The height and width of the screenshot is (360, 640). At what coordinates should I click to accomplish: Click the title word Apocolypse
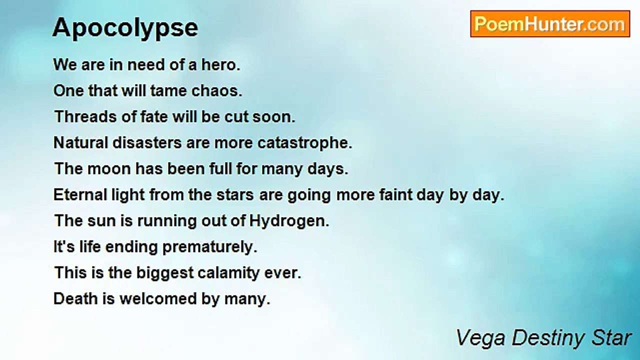125,28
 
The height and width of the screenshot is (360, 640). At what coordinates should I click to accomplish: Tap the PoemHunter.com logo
549,24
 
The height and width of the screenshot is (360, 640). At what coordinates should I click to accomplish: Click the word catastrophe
305,143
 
